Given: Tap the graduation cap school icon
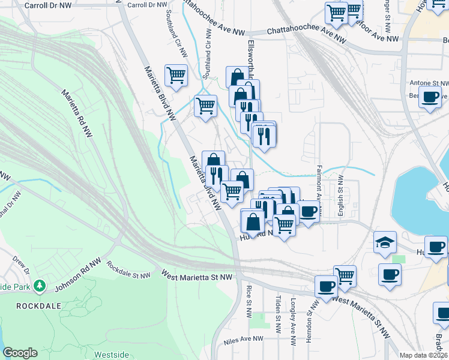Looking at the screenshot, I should point(385,242).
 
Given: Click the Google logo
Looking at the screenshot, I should point(20,353).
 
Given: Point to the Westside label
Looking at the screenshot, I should point(111,355).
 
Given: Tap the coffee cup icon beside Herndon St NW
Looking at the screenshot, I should point(326,286).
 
